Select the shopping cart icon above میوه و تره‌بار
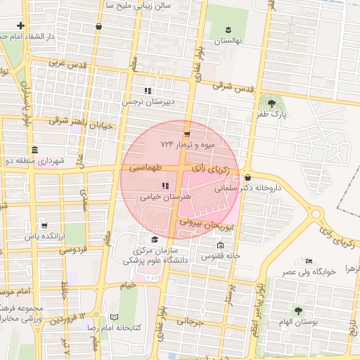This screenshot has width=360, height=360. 186,133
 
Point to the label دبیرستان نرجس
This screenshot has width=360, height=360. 148,102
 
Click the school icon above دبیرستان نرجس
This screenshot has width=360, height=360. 148,91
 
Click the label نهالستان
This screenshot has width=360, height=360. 228,41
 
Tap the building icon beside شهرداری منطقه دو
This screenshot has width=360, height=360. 35,150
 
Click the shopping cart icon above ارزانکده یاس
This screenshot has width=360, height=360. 44,226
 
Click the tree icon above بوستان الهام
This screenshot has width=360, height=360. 298,310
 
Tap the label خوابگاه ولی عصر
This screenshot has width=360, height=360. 309,271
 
